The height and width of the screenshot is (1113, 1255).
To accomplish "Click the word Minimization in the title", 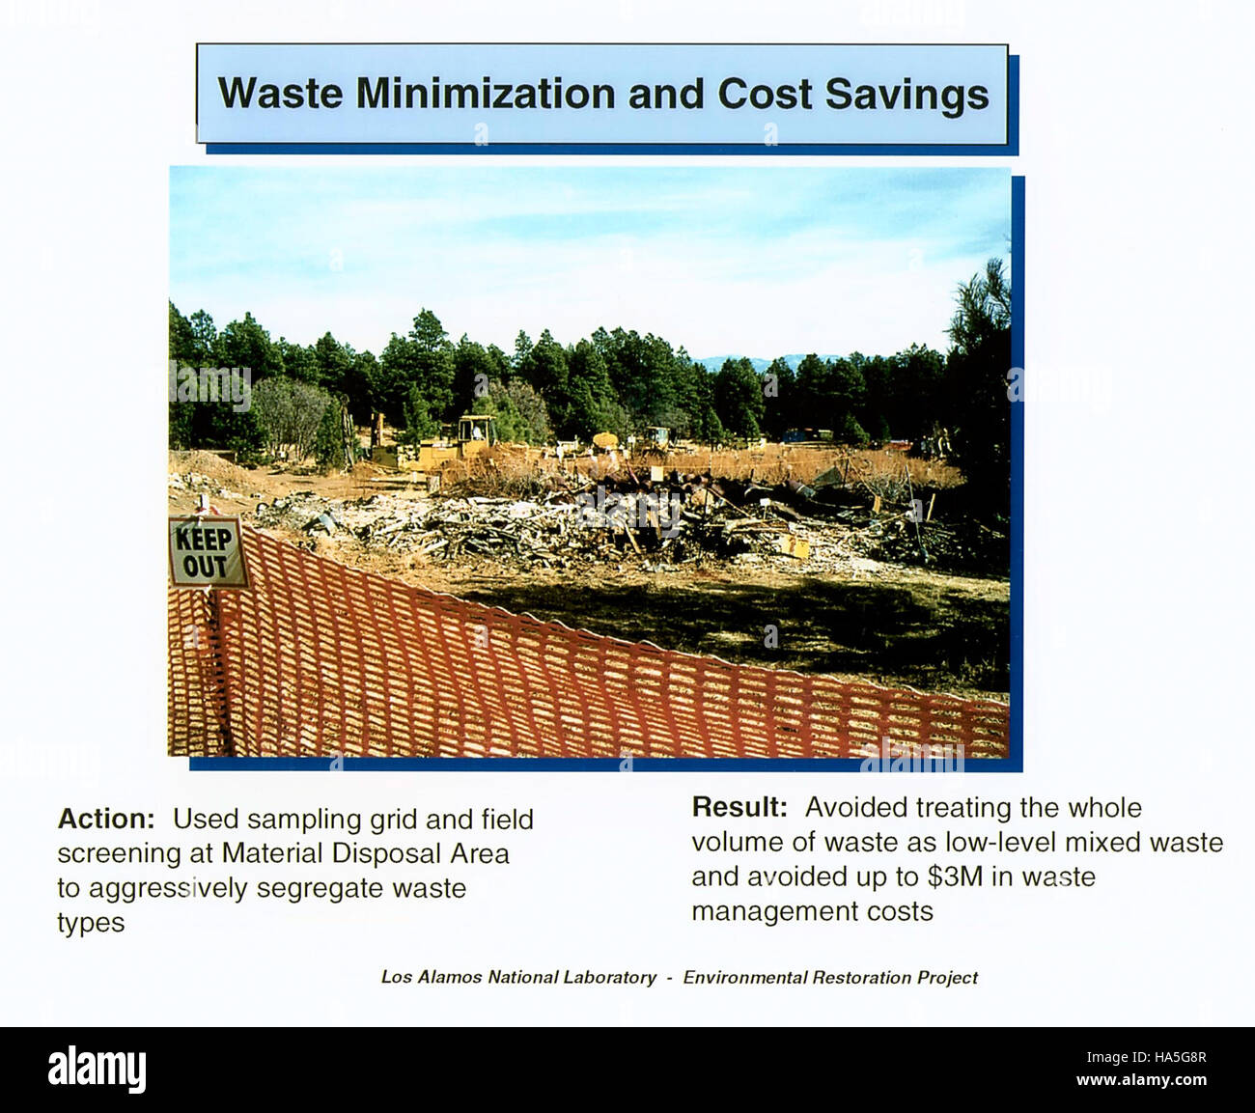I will (486, 94).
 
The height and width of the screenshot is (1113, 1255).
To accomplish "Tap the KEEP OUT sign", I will (206, 552).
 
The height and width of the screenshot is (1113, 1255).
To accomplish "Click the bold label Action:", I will (106, 819).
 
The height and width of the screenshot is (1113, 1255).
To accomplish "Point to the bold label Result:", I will (739, 807).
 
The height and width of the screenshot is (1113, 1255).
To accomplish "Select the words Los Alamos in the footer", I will (431, 977).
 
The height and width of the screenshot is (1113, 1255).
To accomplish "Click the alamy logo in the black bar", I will (97, 1070).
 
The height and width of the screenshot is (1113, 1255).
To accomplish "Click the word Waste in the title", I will (280, 94).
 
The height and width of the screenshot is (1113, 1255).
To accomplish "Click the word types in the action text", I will (91, 924).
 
